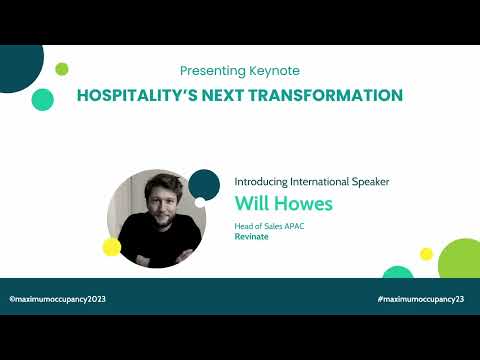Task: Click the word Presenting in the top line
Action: (x=212, y=71)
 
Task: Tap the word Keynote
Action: (x=273, y=71)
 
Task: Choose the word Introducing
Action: (x=264, y=182)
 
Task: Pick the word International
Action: (x=328, y=182)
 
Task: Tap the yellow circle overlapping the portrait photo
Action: (x=112, y=246)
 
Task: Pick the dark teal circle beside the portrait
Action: (x=204, y=184)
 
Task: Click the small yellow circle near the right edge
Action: (x=427, y=254)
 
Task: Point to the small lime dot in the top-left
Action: (x=62, y=68)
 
